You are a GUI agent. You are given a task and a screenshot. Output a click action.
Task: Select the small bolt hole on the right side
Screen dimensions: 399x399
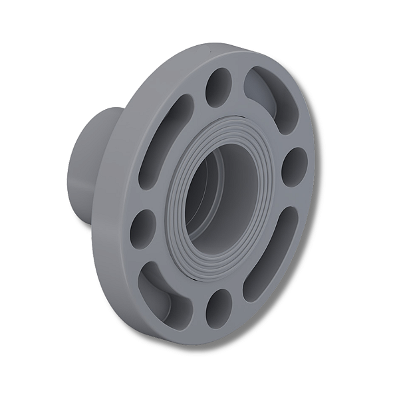(294, 166)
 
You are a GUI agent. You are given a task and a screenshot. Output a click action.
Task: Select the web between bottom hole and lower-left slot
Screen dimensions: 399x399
(197, 309)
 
